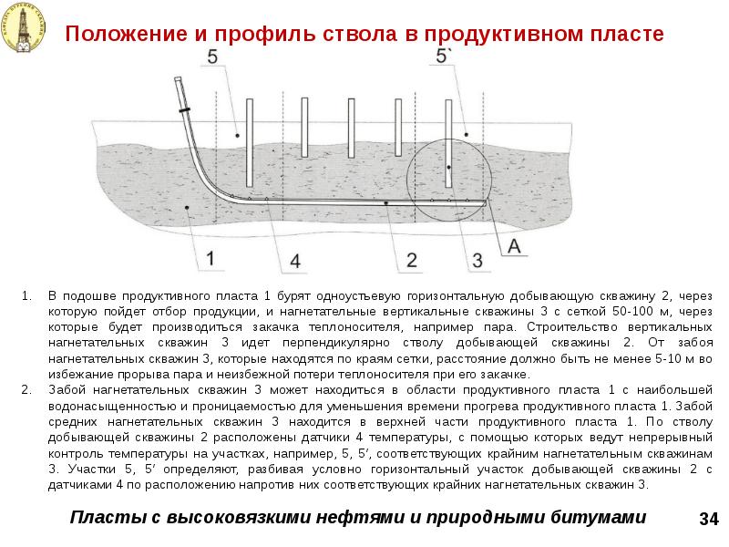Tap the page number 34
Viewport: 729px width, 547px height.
(x=709, y=519)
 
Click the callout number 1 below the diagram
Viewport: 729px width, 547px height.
(x=210, y=258)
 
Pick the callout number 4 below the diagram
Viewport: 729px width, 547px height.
(x=294, y=261)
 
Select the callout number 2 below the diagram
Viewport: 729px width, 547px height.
(x=411, y=260)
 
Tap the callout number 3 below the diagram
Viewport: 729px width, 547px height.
(x=476, y=261)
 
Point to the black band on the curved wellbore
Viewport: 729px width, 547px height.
(x=186, y=108)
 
